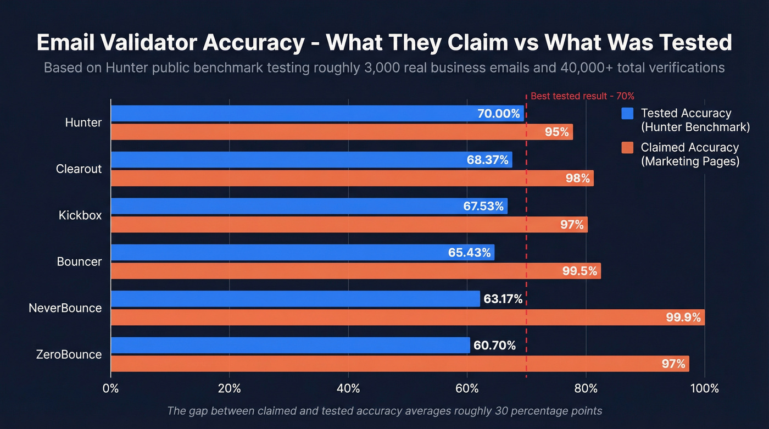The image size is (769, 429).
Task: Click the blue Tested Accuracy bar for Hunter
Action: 291,114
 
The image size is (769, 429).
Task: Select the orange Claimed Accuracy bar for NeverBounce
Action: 384,317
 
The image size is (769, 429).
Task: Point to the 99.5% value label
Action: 579,271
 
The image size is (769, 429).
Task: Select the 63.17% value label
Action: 503,299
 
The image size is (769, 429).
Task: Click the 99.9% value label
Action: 683,317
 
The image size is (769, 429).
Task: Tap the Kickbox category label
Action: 80,215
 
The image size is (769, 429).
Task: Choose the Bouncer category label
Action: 79,261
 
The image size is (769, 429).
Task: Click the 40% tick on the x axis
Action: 348,388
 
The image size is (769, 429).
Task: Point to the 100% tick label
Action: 704,388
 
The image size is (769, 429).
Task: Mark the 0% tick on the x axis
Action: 111,388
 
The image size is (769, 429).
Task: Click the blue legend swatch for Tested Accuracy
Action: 627,113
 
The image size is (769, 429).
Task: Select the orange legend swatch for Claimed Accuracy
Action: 627,148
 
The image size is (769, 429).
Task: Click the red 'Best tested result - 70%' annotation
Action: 582,96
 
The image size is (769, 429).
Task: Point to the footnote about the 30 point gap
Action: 384,411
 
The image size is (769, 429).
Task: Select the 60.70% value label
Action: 494,346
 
